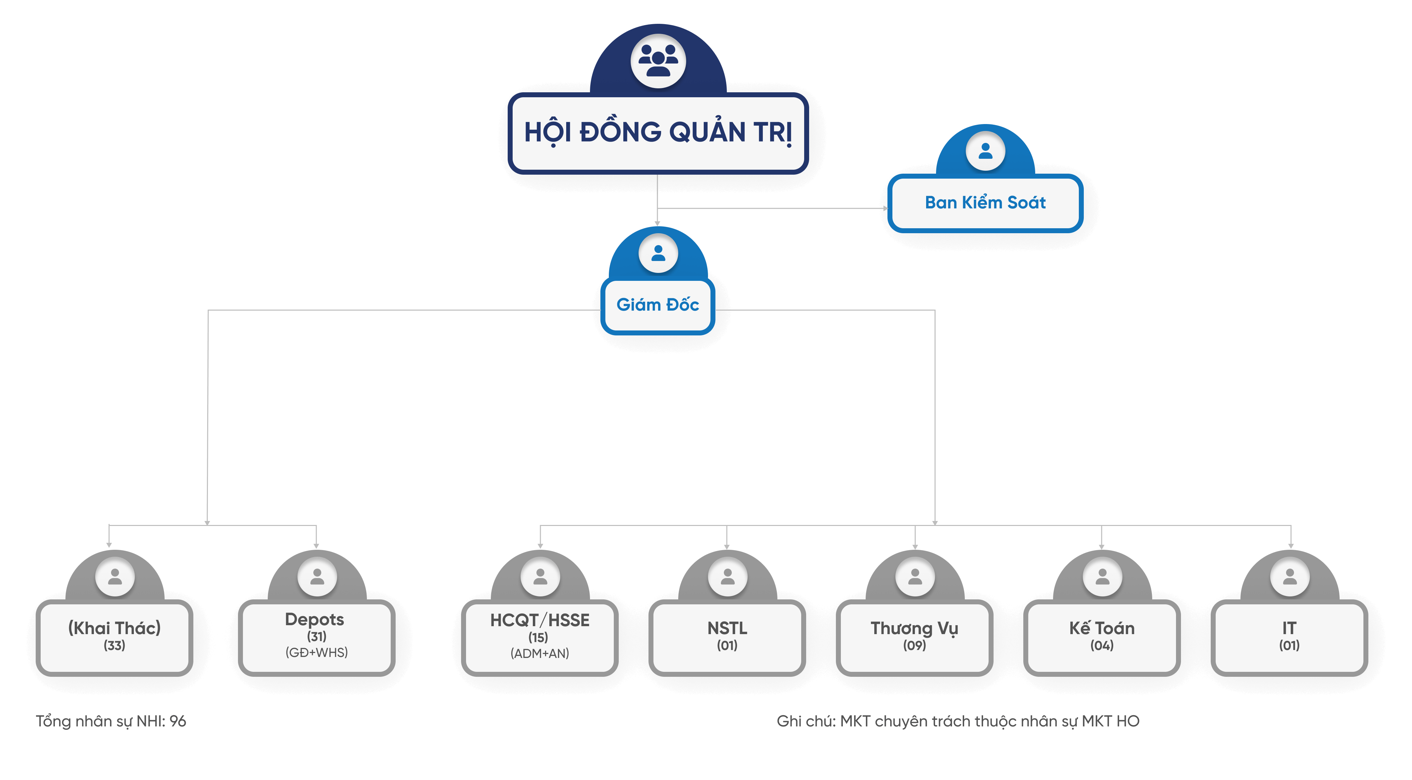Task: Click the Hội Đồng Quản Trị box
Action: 658,133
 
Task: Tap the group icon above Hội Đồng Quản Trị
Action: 658,60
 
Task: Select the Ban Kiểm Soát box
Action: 985,203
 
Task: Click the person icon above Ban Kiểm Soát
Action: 985,151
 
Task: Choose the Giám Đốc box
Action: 658,305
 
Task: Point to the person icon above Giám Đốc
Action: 658,253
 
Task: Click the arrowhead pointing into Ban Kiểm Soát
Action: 885,208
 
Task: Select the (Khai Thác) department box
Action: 115,636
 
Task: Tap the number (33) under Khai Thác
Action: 115,646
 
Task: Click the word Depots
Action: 315,619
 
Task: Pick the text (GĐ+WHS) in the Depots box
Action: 316,653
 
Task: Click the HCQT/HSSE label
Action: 540,620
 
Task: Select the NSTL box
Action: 727,636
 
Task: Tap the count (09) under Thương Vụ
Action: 914,646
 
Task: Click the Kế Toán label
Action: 1102,628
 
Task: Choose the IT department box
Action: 1289,636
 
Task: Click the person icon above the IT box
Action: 1289,577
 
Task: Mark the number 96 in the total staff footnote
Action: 177,721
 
